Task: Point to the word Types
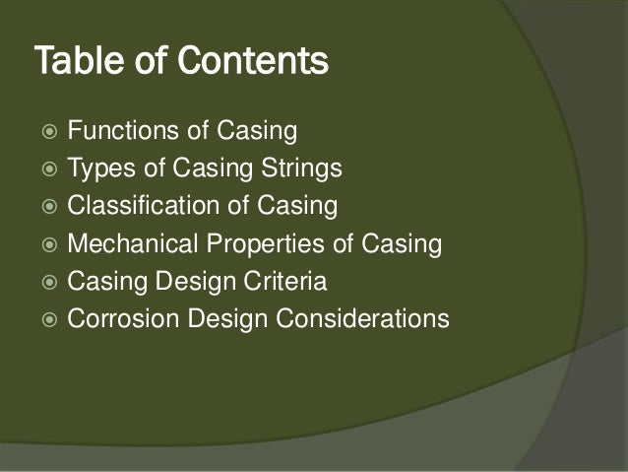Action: click(94, 169)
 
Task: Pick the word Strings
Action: click(301, 169)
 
